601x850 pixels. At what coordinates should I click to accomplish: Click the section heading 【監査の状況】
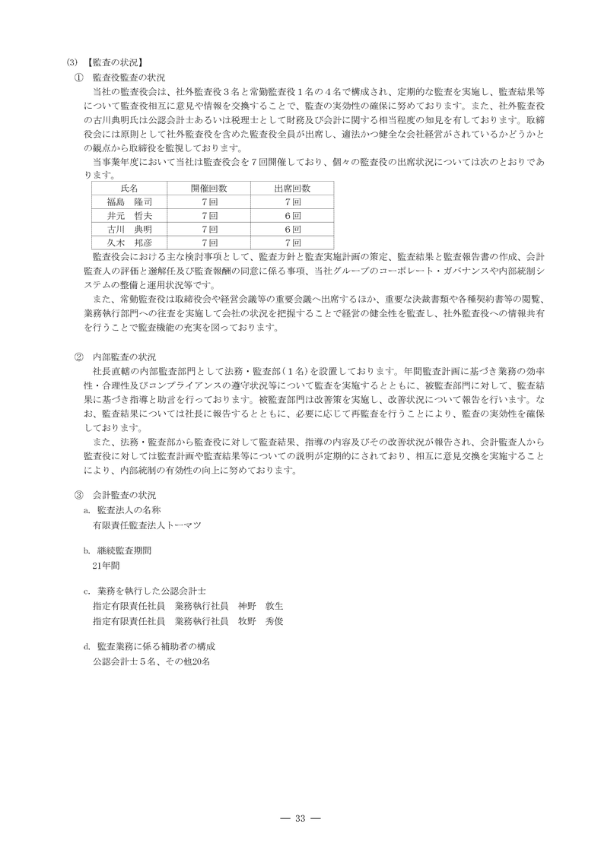click(115, 63)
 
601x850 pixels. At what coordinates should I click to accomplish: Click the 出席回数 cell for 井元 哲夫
click(292, 215)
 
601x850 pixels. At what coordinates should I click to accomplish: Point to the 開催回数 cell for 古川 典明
click(208, 229)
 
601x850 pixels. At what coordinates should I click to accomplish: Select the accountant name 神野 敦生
click(260, 606)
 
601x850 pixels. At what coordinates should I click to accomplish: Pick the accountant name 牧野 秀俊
click(260, 620)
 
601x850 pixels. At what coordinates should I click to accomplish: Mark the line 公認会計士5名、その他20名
click(149, 661)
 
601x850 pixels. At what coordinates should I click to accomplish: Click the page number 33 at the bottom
click(300, 818)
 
